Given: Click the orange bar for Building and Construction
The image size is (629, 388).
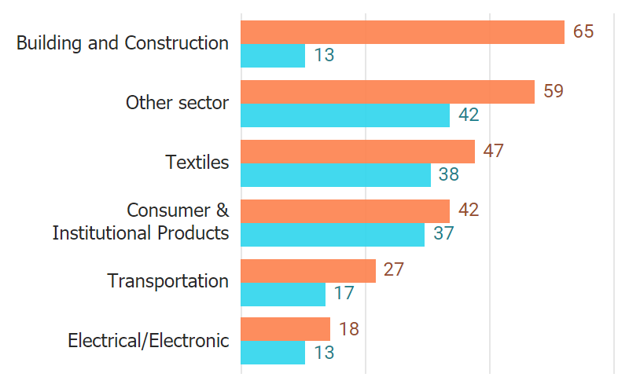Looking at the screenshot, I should pos(402,32).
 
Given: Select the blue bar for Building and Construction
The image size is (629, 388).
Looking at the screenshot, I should pos(272,56).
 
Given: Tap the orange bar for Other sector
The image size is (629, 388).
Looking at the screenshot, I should pos(387,92).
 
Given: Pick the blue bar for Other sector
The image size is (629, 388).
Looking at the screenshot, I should pos(344,115).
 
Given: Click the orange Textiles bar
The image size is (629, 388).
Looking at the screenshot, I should pos(357,152).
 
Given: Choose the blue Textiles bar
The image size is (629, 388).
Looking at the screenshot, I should pos(335,175).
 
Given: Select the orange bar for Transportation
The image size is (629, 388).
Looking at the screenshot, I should pos(307,271).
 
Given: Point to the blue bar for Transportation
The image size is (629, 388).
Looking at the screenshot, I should pos(282,295).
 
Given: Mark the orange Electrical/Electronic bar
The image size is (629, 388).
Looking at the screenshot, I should pos(285,329).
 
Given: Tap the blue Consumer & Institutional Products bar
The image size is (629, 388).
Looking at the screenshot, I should pos(332,235).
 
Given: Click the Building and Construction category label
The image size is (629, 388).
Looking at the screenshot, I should pos(123,43).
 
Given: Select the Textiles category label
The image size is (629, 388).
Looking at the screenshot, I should pos(197,163).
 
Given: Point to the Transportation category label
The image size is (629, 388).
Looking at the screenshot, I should pos(168,281).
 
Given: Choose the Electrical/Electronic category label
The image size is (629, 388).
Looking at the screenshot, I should pos(149,341).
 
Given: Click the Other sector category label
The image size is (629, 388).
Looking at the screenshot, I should pos(178,103).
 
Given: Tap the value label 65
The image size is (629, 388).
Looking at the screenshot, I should pos(583,32).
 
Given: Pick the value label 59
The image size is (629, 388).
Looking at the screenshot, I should pos(554,91).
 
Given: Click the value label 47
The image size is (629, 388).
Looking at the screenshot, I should pos(493,151).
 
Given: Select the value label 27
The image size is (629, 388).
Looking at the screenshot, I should pos(393,270).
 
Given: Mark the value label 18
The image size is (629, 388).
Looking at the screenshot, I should pos(348,329).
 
